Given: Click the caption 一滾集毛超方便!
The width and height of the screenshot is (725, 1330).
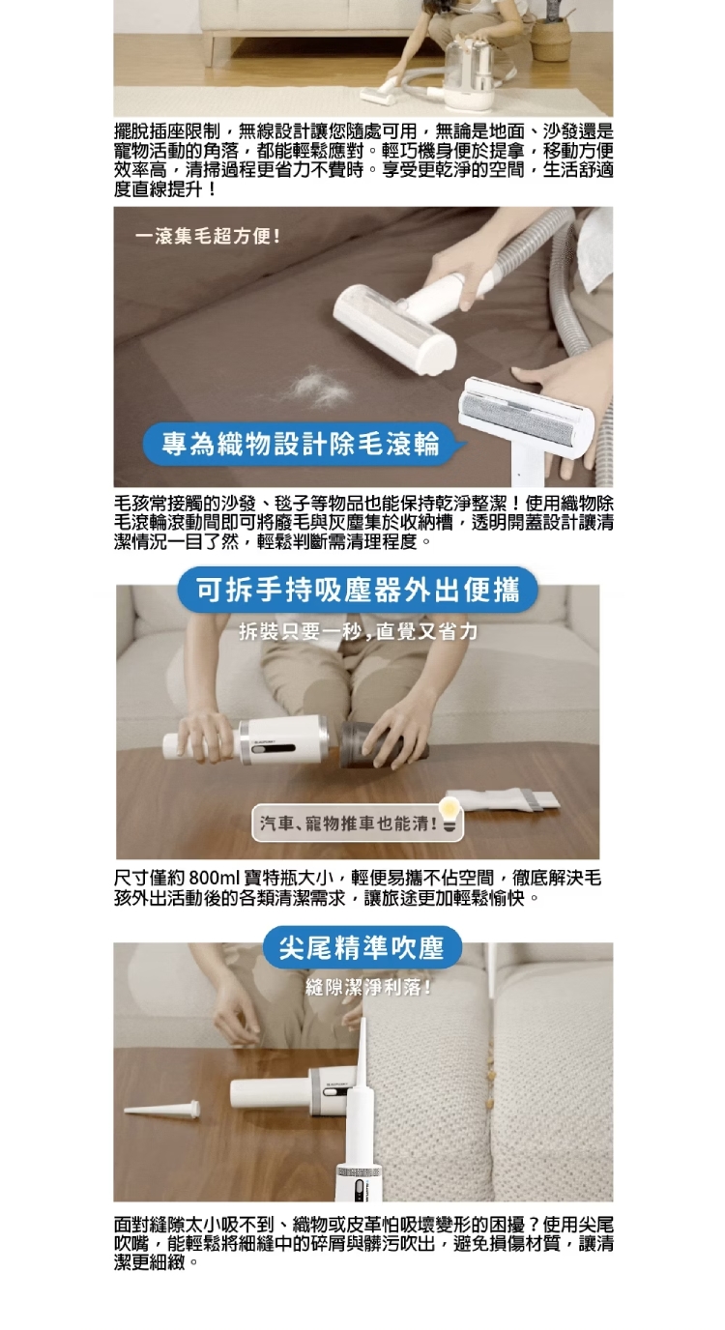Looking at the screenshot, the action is [208, 237].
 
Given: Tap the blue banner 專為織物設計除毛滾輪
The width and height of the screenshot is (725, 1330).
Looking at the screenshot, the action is [301, 444].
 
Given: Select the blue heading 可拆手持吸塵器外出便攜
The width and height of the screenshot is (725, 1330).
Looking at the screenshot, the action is [358, 591].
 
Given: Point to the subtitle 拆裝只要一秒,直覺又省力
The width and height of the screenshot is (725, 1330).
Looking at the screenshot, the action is [358, 632].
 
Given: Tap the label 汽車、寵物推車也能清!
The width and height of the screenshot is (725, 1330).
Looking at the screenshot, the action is [349, 824].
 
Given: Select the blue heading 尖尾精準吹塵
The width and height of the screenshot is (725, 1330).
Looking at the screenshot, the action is [362, 947].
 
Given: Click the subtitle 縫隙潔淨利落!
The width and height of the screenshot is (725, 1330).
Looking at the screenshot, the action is [368, 988].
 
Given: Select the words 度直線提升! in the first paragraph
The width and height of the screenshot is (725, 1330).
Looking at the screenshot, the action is [165, 189].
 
